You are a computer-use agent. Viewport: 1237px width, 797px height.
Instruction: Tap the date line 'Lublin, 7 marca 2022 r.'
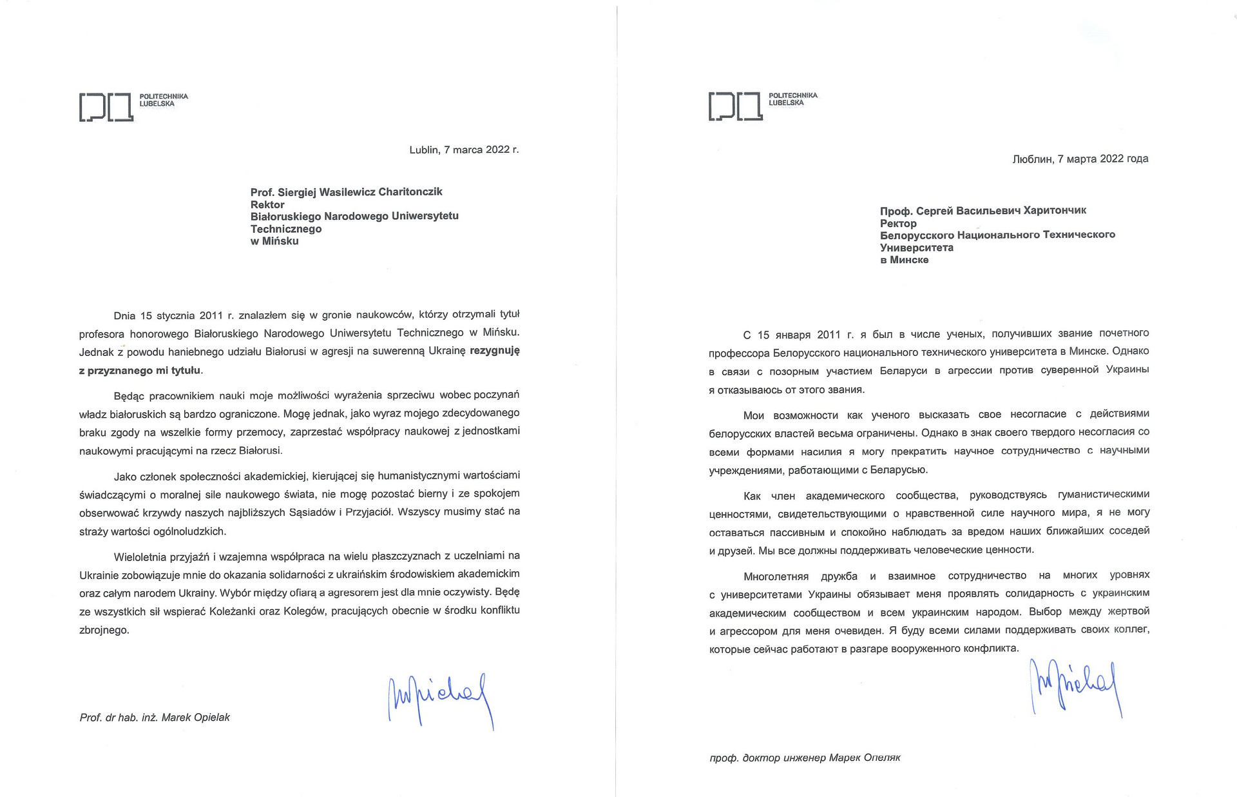[x=464, y=150]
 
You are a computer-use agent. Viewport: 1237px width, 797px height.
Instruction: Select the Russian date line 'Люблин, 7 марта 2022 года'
[x=1080, y=159]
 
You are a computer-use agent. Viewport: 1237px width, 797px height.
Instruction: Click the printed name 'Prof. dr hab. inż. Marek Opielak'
[x=155, y=717]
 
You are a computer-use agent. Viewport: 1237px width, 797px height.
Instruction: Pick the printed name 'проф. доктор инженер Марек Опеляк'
[x=805, y=757]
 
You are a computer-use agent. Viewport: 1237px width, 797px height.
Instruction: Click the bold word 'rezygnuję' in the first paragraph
[x=495, y=351]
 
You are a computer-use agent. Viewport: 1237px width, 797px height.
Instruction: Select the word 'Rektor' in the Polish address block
[x=267, y=204]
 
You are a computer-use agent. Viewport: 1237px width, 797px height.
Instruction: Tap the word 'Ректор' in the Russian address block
[x=898, y=223]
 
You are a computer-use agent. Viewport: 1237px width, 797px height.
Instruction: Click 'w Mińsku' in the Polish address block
[x=274, y=241]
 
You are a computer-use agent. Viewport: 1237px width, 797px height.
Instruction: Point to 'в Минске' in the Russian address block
[x=904, y=260]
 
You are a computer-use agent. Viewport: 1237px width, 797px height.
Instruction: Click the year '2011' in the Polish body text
[x=211, y=315]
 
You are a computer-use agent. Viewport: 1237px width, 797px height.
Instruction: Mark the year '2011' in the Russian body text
[x=829, y=334]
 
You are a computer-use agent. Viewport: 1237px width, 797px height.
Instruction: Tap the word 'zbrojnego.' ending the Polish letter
[x=104, y=630]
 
